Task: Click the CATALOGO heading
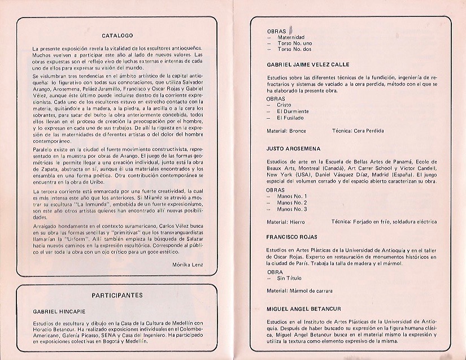coord(117,35)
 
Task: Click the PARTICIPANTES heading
coord(117,294)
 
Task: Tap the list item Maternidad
coord(291,37)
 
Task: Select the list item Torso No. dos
coord(294,49)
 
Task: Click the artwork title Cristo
coord(284,105)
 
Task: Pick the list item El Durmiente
coord(293,111)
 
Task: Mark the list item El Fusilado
coord(290,118)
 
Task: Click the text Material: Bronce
coord(286,131)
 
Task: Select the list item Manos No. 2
coord(292,202)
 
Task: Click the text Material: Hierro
coord(286,222)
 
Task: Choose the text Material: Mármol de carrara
coord(299,290)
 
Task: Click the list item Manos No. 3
coord(292,209)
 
